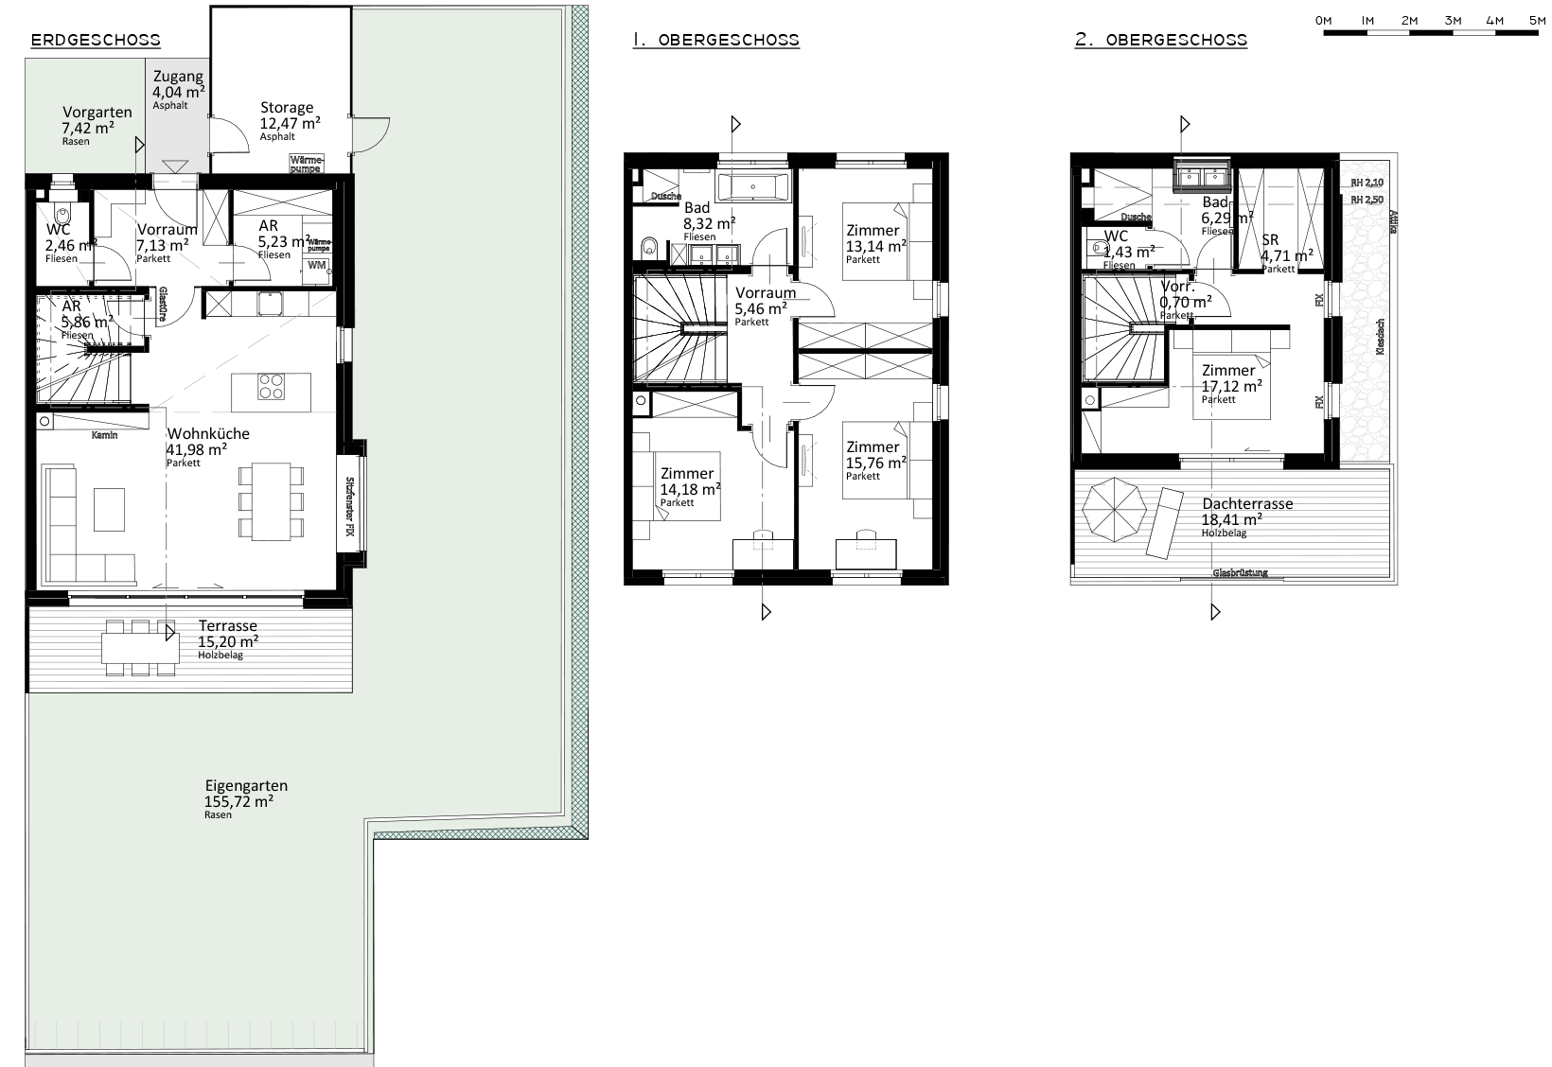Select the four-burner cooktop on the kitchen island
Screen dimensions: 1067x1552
click(x=272, y=387)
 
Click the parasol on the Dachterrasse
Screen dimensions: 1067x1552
click(x=1113, y=512)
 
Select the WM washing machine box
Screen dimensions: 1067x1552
click(x=316, y=266)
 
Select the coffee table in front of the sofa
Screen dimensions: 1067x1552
click(x=109, y=510)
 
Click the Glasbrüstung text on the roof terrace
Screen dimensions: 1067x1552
click(x=1240, y=573)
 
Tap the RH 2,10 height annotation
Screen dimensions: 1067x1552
click(x=1366, y=183)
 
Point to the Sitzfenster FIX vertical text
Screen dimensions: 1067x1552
click(x=349, y=505)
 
